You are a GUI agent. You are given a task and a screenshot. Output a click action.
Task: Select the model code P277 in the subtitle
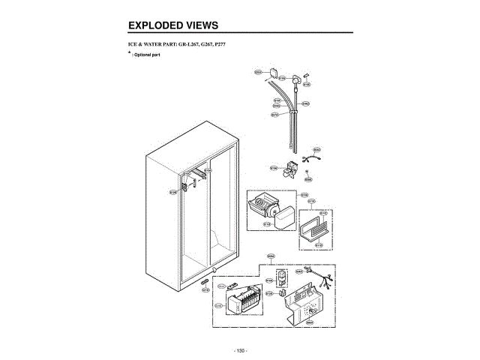click(x=217, y=46)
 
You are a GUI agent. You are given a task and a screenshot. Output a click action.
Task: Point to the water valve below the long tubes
click(x=288, y=172)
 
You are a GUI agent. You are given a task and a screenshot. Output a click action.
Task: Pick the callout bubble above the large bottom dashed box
click(x=271, y=256)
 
